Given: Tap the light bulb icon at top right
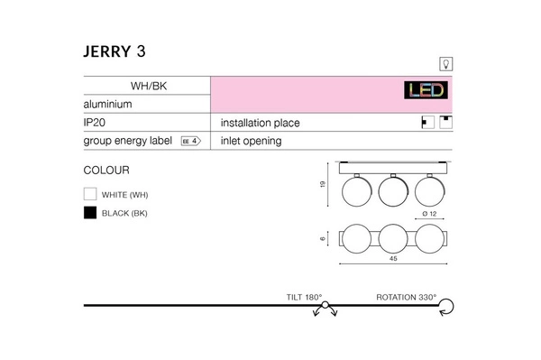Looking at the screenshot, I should (444, 62).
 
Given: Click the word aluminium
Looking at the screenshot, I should (108, 105).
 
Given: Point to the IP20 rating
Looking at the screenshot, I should (96, 123).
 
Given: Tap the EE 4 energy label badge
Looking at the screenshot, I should (189, 141).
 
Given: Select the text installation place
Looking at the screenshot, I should (260, 123).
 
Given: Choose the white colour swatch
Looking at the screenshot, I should (89, 194).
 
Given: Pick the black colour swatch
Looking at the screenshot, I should (89, 213).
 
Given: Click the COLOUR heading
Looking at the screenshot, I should (106, 170).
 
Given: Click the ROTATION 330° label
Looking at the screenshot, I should (406, 296).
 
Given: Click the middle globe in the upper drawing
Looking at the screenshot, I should (392, 190).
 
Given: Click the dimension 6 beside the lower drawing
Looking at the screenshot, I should (323, 239).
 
